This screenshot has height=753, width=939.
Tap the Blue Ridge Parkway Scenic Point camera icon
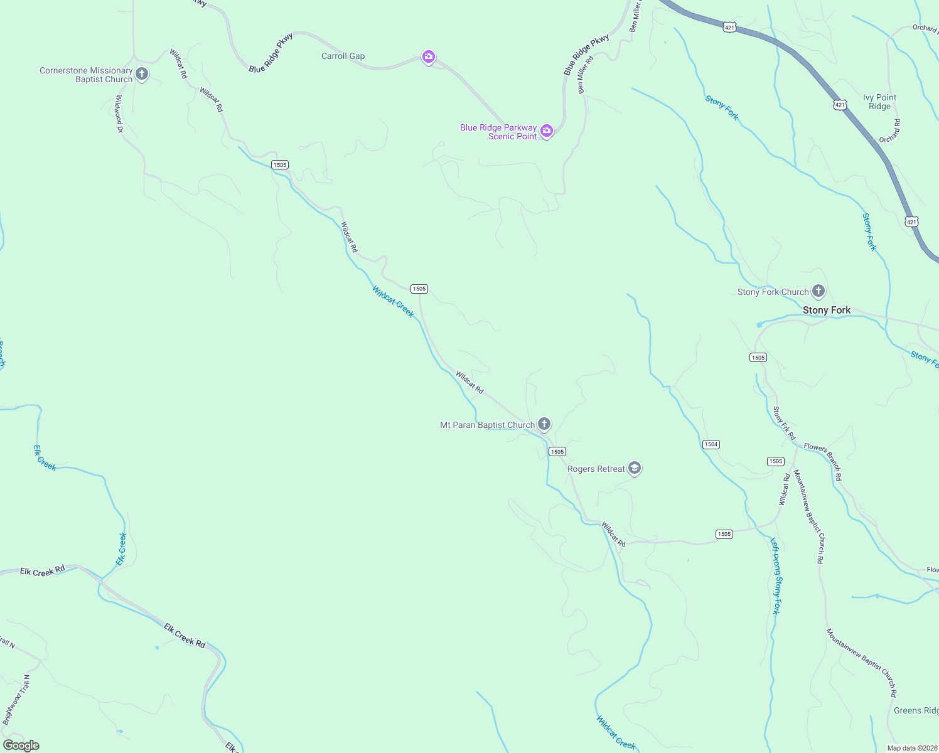547,131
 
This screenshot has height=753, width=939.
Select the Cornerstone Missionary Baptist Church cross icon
142,74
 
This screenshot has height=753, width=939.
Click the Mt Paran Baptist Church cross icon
544,424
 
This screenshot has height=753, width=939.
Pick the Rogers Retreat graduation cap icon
635,468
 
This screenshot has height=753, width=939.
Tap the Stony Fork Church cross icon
818,291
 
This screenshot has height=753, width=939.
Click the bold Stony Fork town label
827,310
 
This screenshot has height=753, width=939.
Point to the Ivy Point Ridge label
879,102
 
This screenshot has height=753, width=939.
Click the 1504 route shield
711,444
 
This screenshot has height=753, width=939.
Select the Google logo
21,745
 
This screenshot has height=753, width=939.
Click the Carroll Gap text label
343,56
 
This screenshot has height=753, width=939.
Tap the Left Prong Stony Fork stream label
776,576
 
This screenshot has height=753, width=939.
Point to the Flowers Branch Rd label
823,462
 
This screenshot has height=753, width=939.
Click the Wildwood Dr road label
119,114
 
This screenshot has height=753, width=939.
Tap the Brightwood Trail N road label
17,700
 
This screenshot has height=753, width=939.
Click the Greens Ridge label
916,710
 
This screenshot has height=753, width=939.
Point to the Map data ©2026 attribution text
911,748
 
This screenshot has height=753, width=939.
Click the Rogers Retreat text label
596,469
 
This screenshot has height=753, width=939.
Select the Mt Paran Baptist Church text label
487,425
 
